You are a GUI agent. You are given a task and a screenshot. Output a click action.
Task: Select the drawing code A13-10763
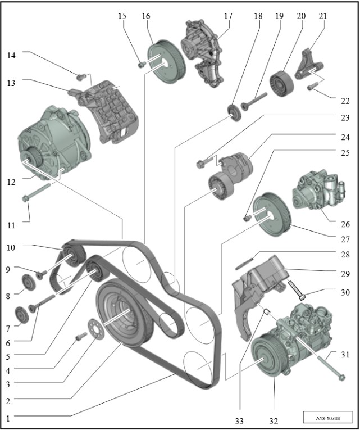[x=327, y=418]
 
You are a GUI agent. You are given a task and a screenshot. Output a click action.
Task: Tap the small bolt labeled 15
[x=141, y=65]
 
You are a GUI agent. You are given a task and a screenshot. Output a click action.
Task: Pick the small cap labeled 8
[x=26, y=282]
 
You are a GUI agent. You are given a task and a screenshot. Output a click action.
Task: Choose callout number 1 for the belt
[x=8, y=418]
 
